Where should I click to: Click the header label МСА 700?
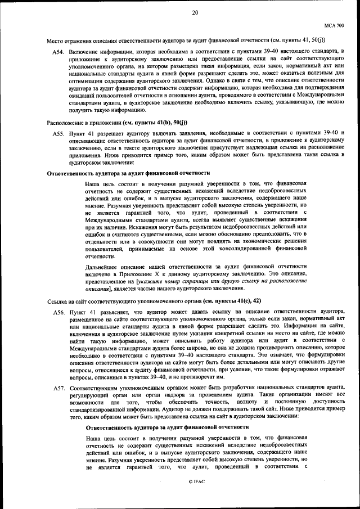pos(334,25)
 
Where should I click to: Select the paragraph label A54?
pos(58,52)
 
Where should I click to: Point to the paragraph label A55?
pos(58,133)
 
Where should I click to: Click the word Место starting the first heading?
pos(55,40)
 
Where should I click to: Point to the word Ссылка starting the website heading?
pos(56,301)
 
